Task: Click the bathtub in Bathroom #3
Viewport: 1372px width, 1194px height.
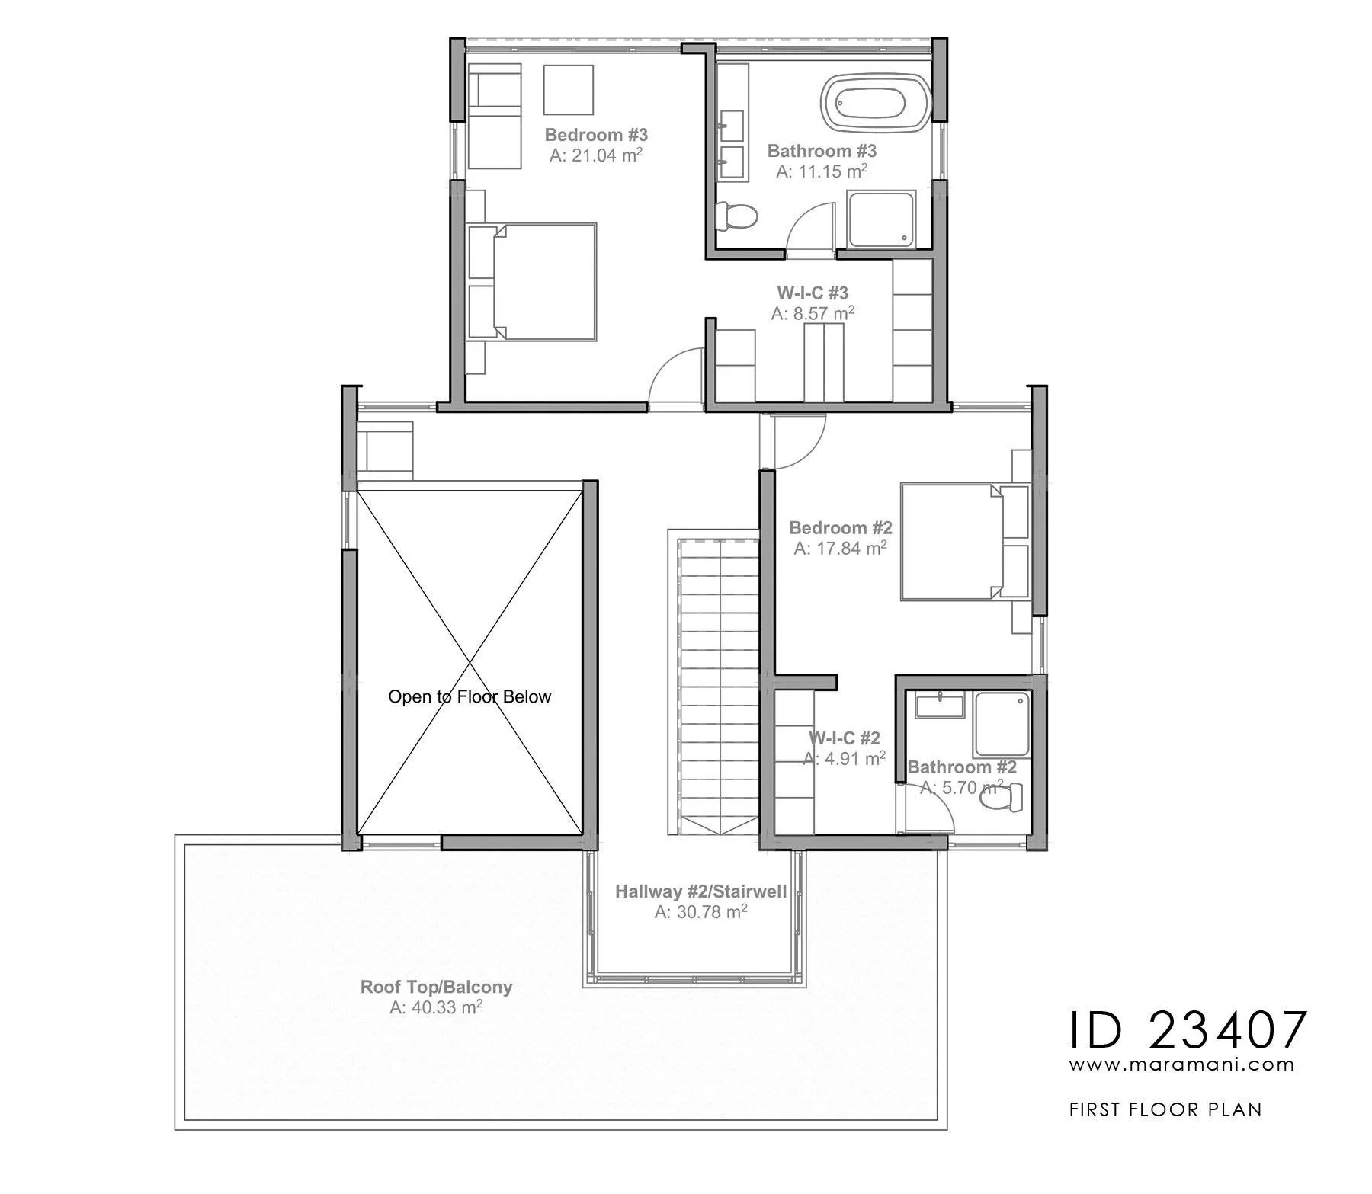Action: coord(877,101)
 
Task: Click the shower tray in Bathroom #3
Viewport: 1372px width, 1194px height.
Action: coord(880,219)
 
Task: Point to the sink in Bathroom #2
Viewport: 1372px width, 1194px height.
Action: coord(940,706)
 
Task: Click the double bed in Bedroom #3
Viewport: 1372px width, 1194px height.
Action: coord(532,281)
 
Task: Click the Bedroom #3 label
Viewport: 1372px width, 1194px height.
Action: coord(596,135)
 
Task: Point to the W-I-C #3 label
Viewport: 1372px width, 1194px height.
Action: coord(813,293)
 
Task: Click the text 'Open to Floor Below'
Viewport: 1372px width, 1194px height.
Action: coord(470,696)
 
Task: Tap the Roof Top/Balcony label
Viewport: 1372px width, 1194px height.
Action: coord(436,987)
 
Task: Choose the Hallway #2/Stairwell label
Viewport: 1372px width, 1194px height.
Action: coord(700,891)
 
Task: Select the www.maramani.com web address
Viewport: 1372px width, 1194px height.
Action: coord(1181,1064)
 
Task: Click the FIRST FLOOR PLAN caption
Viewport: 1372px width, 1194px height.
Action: coord(1165,1109)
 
